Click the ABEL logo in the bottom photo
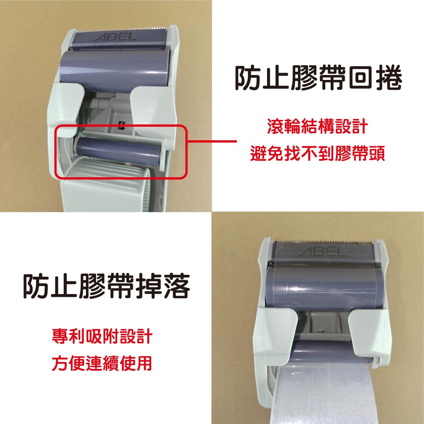click(322, 251)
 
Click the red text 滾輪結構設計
click(318, 127)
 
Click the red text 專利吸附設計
click(102, 336)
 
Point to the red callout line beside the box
click(212, 141)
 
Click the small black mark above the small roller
click(120, 124)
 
